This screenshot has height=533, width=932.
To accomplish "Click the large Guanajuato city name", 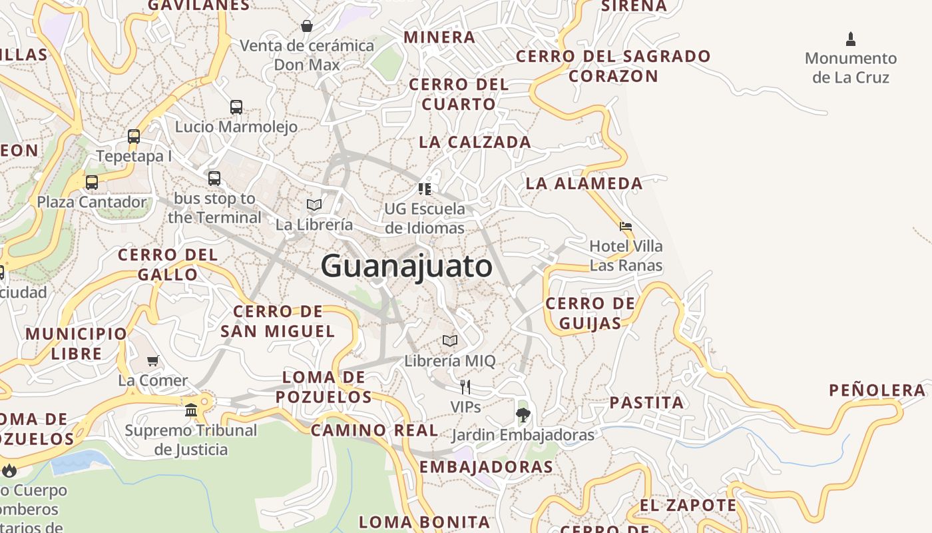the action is coord(407,266).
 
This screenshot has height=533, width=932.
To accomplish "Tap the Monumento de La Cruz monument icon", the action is coord(850,39).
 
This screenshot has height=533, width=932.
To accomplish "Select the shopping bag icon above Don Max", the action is coord(307,26).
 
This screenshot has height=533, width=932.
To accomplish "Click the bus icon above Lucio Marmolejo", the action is coord(236,107).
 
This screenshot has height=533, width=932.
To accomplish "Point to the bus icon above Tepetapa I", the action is coord(134,137).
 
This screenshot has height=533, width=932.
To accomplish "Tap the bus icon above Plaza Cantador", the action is coord(92,182).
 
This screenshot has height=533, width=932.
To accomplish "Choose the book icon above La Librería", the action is coord(314,205).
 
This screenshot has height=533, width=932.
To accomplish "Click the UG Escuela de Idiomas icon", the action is coord(425,189).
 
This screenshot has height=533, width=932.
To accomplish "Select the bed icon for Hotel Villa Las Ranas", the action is coord(625,227).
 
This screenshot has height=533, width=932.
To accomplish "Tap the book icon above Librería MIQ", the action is coord(450,340).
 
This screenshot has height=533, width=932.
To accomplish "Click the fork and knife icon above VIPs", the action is coord(465,386).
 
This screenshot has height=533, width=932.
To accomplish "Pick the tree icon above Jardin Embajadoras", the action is coord(523,415).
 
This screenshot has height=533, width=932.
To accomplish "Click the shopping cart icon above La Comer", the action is coord(153,360).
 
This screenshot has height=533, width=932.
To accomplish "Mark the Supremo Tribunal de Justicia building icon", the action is coord(191,410).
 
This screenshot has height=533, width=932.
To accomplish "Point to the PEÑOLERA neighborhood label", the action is coord(877,390).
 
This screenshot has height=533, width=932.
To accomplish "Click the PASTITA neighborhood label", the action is coord(646,402).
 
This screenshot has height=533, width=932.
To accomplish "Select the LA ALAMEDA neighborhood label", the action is coord(584,183).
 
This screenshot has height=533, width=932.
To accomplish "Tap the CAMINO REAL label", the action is coord(375,430).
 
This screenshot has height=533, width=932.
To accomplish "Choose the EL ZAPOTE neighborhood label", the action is coord(688,506).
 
